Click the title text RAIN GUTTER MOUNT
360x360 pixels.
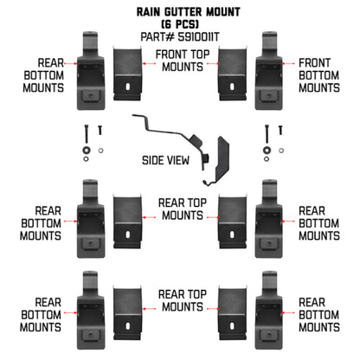[179, 13]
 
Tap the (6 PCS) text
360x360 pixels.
[179, 25]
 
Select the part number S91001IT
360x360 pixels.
[179, 37]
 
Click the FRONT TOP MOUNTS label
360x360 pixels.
[179, 61]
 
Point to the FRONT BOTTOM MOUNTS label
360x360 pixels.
[318, 74]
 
